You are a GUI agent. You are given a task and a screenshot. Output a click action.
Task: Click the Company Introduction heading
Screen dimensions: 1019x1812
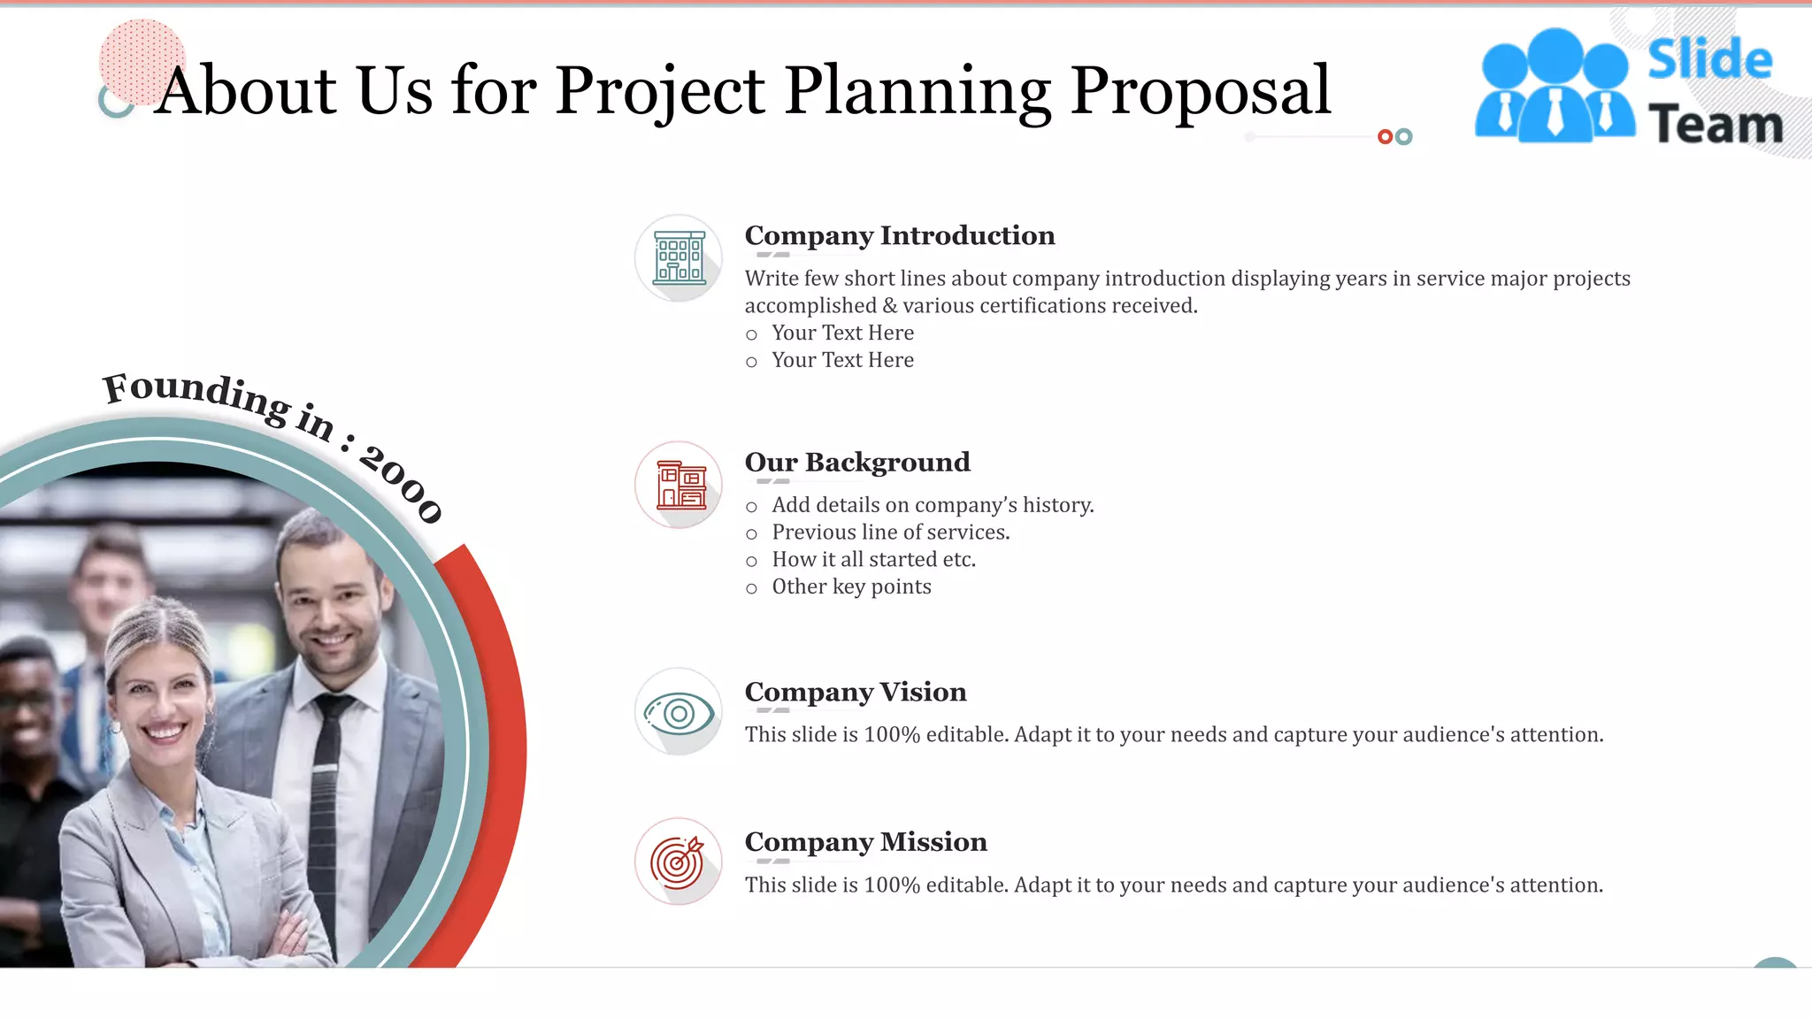tap(899, 235)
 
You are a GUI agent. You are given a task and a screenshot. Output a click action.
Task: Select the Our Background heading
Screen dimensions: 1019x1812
tap(856, 462)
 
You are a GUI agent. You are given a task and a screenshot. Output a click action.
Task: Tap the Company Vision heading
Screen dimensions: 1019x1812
tap(855, 692)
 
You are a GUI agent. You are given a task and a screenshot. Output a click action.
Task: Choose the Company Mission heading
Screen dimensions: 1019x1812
tap(865, 842)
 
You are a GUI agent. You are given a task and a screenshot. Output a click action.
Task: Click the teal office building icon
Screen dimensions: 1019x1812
tap(679, 257)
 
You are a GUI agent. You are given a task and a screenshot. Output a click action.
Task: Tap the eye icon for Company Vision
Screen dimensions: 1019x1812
tap(679, 712)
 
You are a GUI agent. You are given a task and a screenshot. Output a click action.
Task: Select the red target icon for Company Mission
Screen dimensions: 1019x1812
tap(679, 862)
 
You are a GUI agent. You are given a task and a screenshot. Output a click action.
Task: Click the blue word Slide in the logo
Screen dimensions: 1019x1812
tap(1709, 60)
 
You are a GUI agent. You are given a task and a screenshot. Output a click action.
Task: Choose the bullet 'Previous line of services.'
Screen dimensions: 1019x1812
tap(890, 532)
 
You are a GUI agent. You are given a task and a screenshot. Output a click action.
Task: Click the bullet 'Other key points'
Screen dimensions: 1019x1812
tap(851, 587)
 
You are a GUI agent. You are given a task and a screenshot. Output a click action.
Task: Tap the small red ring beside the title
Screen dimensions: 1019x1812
tap(1385, 136)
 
